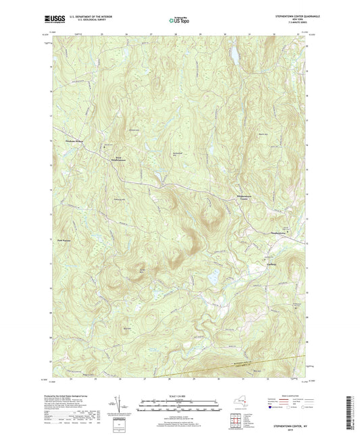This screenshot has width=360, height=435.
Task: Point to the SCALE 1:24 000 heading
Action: (180, 396)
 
